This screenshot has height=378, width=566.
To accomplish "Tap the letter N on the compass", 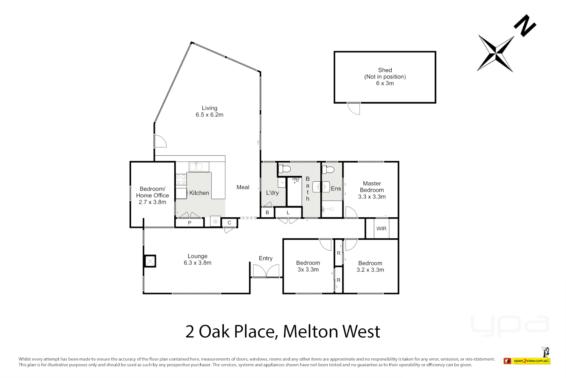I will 525,25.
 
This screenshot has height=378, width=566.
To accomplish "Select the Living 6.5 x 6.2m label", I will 209,111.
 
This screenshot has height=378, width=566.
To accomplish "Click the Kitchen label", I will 199,193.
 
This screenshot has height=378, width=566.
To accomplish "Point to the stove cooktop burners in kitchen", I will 181,180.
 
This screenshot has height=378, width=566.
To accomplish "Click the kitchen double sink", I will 199,167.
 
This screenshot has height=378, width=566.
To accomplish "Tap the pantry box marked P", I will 189,223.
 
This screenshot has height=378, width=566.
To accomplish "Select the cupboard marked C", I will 229,223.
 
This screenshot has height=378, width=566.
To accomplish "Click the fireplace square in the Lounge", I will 150,261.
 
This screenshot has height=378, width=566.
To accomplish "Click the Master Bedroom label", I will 372,190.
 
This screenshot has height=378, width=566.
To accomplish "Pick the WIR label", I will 381,229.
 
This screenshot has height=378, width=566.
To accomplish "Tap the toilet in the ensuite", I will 328,170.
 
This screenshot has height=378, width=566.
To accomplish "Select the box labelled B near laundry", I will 267,212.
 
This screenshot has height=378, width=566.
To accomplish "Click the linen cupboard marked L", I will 288,212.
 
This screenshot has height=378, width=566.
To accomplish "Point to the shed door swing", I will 354,108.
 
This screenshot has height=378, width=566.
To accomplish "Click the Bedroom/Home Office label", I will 152,195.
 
